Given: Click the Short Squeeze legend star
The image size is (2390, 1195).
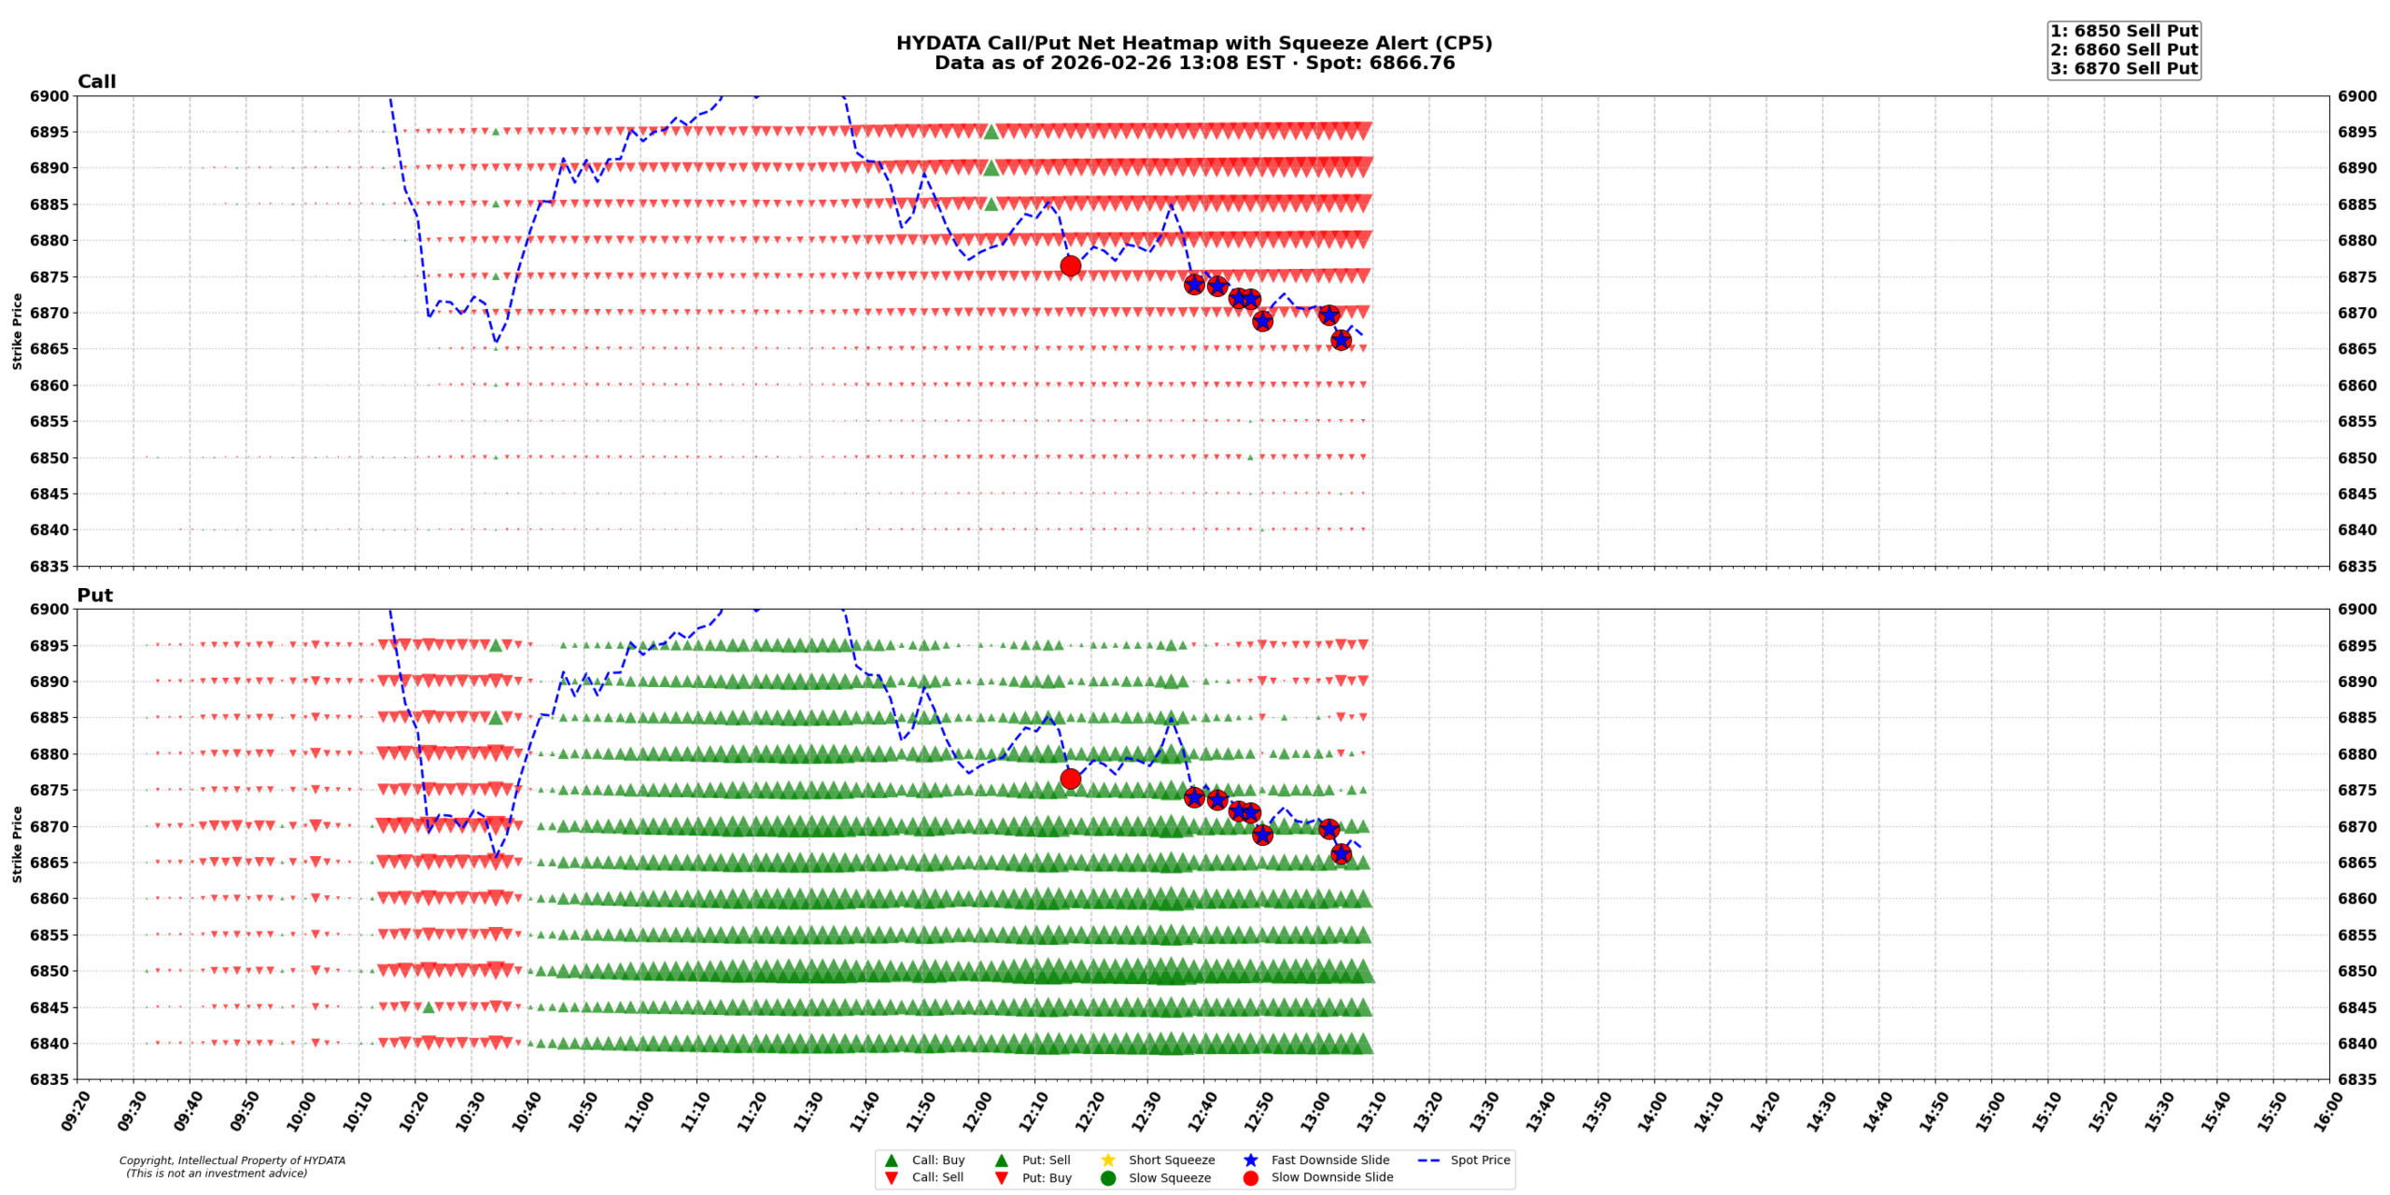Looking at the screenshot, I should [1108, 1160].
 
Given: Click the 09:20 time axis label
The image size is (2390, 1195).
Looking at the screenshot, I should [77, 1111].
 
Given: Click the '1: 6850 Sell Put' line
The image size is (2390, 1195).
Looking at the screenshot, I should [2124, 31].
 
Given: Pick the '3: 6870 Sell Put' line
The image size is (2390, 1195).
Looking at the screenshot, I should [2124, 68].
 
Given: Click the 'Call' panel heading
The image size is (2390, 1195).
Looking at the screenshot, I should [96, 82].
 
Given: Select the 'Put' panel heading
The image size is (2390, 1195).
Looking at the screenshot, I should [94, 596].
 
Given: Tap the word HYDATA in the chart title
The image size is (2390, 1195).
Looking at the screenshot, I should [934, 43].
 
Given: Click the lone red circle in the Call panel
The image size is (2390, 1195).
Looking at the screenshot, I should [1071, 266].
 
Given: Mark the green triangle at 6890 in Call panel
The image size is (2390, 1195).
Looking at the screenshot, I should [991, 168].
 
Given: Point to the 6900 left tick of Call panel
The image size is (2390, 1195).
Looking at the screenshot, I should [49, 96].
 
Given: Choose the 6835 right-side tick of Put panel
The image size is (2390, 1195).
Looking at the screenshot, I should [2357, 1080].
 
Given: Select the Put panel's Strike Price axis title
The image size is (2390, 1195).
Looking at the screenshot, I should [17, 844].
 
